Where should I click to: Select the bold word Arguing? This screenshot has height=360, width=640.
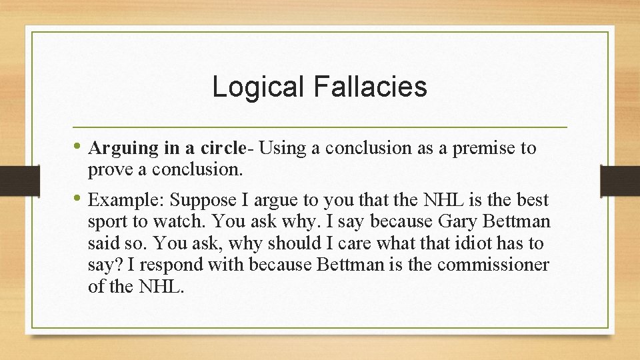[117, 148]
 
